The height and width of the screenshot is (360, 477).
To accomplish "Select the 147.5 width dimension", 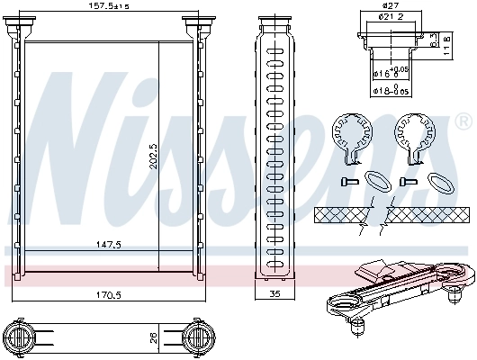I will (110, 243).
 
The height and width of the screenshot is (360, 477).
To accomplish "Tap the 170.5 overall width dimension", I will (110, 292).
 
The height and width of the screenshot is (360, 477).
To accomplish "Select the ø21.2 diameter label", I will (391, 16).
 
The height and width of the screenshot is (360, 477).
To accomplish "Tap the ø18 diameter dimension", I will (389, 90).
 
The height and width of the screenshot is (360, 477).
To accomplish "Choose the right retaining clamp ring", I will (415, 136).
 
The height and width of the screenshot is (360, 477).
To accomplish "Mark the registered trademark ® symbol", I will (463, 120).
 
